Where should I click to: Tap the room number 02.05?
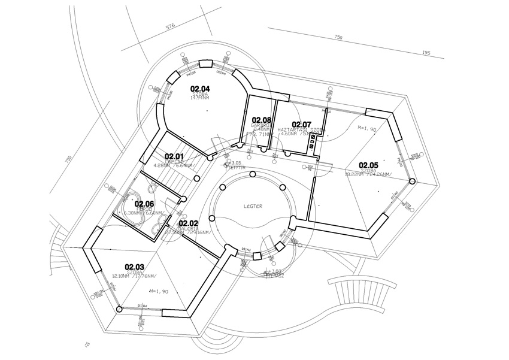coord(368,165)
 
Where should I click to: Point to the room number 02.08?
coord(262,120)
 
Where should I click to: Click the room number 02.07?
coord(302,124)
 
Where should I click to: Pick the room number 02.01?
coord(174,156)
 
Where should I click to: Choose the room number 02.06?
coord(144,204)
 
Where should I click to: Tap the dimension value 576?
coord(169,27)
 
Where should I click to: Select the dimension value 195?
coord(426,53)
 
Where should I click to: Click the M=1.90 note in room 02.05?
coord(366,129)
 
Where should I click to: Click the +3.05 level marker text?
coord(236,162)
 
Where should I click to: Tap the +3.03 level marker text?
coord(276,271)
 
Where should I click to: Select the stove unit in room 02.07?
coord(312,141)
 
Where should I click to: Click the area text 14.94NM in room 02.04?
coord(199,98)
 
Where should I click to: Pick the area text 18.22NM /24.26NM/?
coord(368,174)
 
